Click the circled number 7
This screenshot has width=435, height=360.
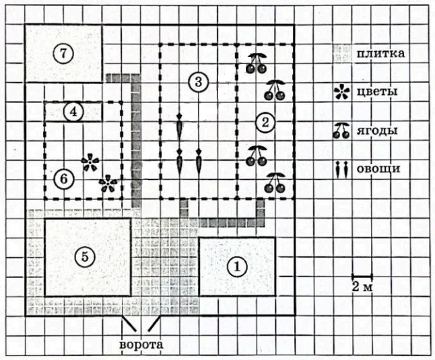[x=63, y=54]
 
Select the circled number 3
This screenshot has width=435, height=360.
[x=198, y=82]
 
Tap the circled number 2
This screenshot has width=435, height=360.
[x=265, y=122]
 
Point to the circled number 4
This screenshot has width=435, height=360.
[x=73, y=112]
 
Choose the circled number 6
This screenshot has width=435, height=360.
[x=63, y=179]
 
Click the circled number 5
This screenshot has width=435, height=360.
[x=85, y=257]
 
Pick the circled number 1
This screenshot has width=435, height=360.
[x=237, y=266]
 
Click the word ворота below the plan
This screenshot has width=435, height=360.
[x=141, y=345]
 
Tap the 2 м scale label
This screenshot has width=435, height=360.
[x=362, y=287]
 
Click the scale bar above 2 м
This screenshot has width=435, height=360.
[x=362, y=277]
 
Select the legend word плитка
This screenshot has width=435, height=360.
[x=380, y=53]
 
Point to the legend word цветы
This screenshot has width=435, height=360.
[x=376, y=92]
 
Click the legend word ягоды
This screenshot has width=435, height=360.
[x=376, y=131]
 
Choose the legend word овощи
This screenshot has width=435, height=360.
[x=378, y=168]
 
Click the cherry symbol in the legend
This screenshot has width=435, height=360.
[x=341, y=131]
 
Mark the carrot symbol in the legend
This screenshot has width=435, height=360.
[x=342, y=170]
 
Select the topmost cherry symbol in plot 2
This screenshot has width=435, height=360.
[x=257, y=63]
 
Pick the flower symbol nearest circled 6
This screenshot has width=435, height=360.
[x=90, y=162]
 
